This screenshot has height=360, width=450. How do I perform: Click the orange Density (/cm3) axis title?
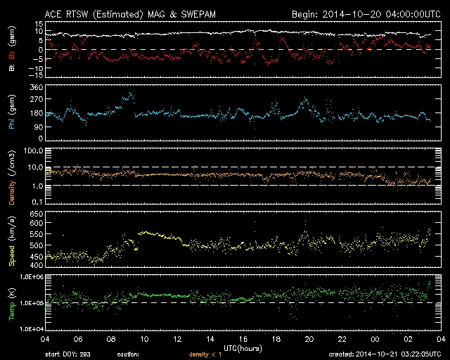click(12, 179)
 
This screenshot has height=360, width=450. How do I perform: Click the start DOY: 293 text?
click(67, 354)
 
